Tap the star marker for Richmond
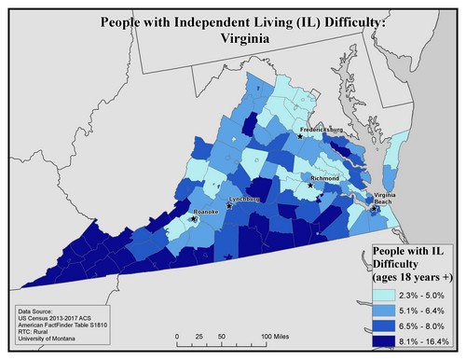[x=311, y=185]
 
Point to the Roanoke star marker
[x=194, y=219]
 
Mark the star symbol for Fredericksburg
[x=300, y=136]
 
